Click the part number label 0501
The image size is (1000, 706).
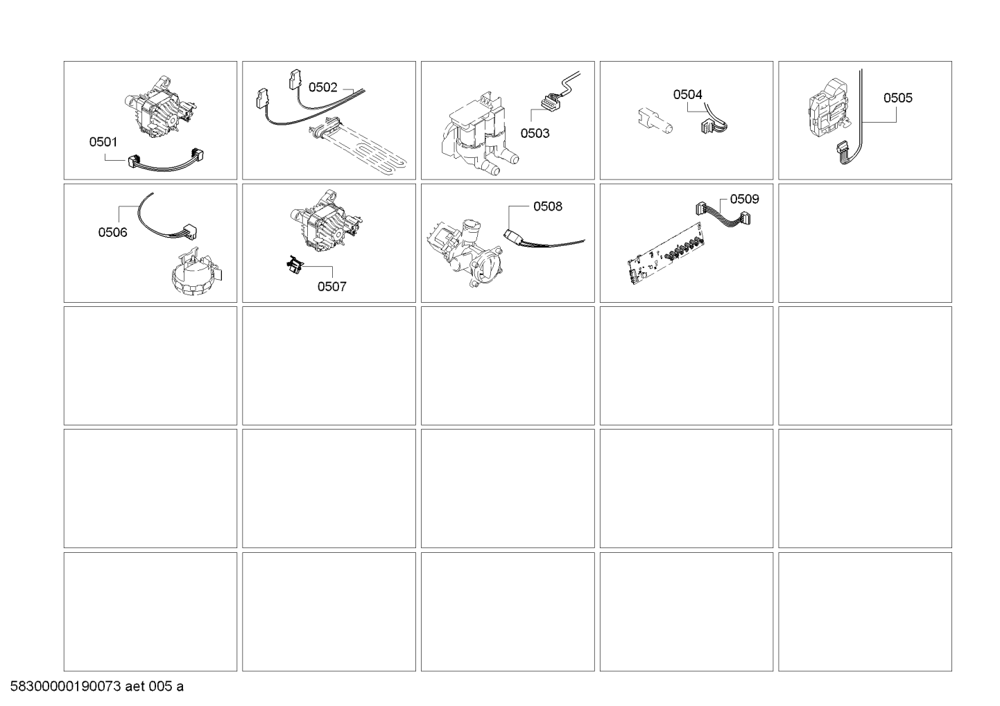pyautogui.click(x=103, y=142)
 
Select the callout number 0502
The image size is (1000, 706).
pyautogui.click(x=322, y=87)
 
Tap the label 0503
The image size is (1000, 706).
pyautogui.click(x=535, y=133)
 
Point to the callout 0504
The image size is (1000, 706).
pyautogui.click(x=687, y=94)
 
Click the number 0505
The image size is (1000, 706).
pyautogui.click(x=898, y=98)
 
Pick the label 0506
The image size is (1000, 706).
pyautogui.click(x=112, y=232)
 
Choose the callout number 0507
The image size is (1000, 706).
pyautogui.click(x=331, y=286)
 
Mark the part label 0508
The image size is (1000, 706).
pyautogui.click(x=548, y=206)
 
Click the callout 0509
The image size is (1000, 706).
pyautogui.click(x=744, y=199)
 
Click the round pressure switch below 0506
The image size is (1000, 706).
pyautogui.click(x=196, y=272)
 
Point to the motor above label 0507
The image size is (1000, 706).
pyautogui.click(x=327, y=221)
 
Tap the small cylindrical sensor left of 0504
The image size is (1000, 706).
pyautogui.click(x=655, y=121)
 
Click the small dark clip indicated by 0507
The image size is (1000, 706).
pyautogui.click(x=294, y=265)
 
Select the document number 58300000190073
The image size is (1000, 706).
pyautogui.click(x=65, y=687)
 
